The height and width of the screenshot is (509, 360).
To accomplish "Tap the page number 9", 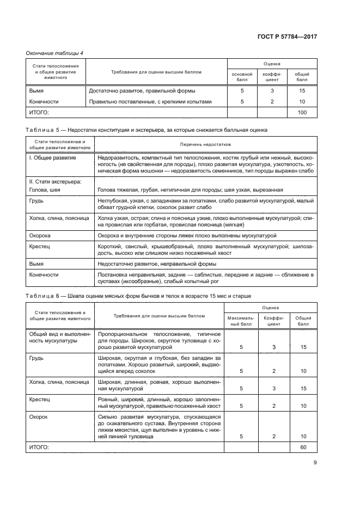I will click(315, 463).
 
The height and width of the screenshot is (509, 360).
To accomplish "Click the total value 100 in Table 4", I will click(302, 113).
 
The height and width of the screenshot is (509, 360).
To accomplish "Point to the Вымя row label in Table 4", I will click(36, 91).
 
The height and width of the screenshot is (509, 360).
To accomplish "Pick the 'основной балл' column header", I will click(242, 76).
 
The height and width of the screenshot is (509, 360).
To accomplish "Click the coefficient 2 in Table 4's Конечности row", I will click(272, 101).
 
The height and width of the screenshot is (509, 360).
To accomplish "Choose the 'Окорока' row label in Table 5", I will click(40, 236).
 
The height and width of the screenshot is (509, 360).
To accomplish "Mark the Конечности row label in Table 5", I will click(44, 275).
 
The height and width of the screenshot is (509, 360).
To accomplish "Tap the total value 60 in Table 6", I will click(303, 447).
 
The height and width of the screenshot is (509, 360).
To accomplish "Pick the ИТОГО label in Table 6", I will click(38, 447).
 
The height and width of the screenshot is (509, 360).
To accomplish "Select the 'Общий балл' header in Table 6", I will click(303, 320).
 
